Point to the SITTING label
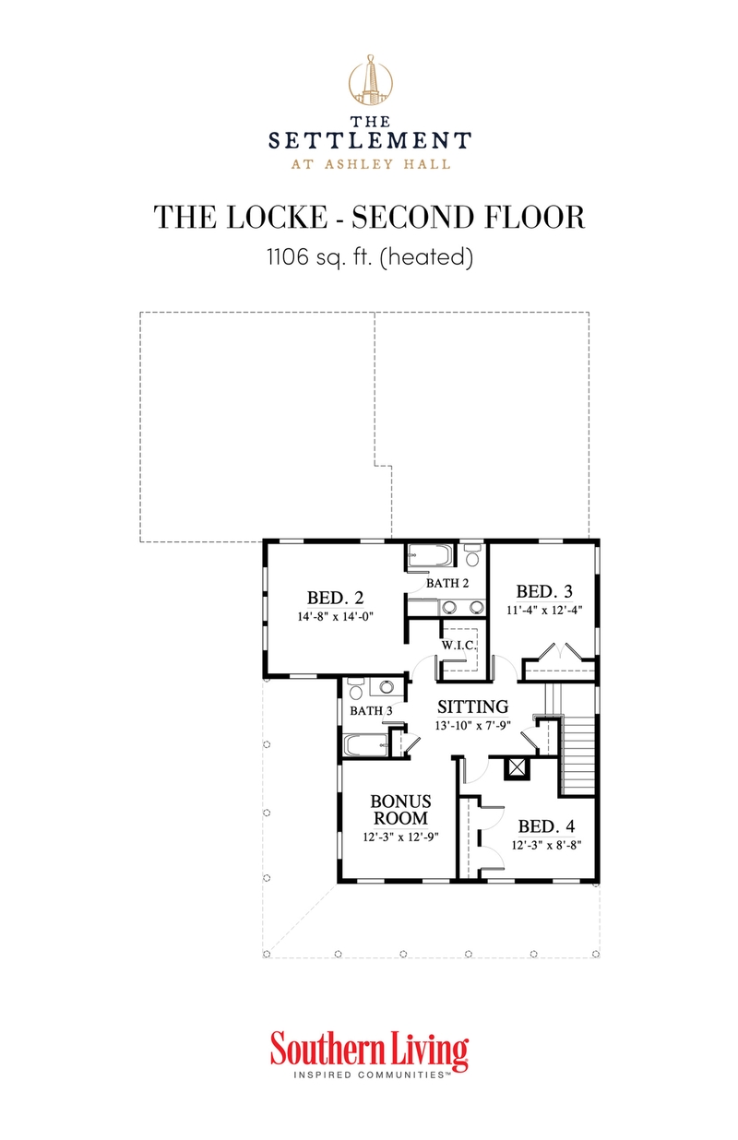472,707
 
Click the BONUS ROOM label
400,810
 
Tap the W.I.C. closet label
458,646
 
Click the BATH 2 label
447,583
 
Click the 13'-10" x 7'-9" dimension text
472,726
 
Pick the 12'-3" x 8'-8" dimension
548,844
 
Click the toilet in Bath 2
472,556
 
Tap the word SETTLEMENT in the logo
369,141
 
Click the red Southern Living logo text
369,1051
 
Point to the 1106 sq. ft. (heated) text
369,258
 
